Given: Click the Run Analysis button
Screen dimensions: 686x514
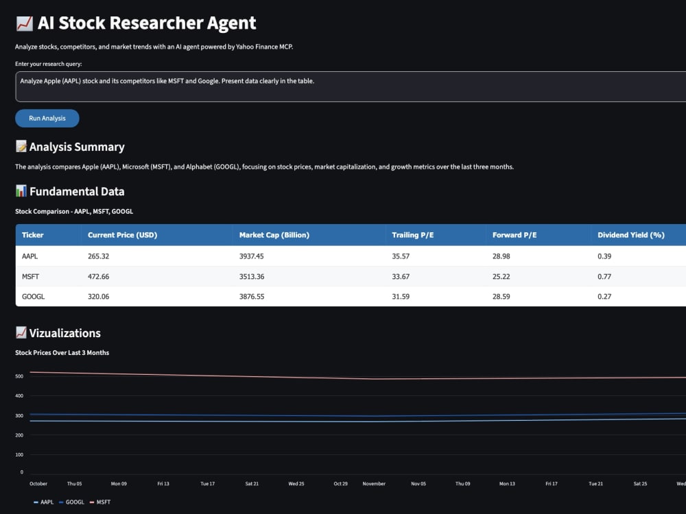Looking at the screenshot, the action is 47,119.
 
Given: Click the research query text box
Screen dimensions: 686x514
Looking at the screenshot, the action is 351,86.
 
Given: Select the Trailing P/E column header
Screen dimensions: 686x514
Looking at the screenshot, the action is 412,235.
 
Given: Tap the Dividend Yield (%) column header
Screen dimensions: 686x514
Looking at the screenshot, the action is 631,235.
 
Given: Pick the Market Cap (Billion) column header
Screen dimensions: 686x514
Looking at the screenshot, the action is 274,235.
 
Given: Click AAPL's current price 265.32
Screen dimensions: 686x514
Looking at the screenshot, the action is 98,256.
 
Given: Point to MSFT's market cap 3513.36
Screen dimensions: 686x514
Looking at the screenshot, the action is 252,277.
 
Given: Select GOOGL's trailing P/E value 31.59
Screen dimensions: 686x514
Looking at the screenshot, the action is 401,296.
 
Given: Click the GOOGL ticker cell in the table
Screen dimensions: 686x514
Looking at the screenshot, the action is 33,296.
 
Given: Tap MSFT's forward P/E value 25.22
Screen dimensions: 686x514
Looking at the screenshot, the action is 501,277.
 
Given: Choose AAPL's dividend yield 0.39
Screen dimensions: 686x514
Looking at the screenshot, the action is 604,256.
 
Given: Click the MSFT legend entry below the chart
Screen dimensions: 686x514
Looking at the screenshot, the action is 100,502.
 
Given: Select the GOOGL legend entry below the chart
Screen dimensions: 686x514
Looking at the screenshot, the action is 71,502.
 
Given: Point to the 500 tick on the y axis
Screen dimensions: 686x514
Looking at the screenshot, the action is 19,376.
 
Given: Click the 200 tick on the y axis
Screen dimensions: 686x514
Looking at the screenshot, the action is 19,435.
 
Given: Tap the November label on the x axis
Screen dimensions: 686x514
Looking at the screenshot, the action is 374,484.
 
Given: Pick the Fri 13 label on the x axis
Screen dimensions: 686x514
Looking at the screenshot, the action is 163,484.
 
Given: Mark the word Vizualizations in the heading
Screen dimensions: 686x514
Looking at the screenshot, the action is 64,333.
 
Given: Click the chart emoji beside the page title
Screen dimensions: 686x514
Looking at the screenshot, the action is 25,23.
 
